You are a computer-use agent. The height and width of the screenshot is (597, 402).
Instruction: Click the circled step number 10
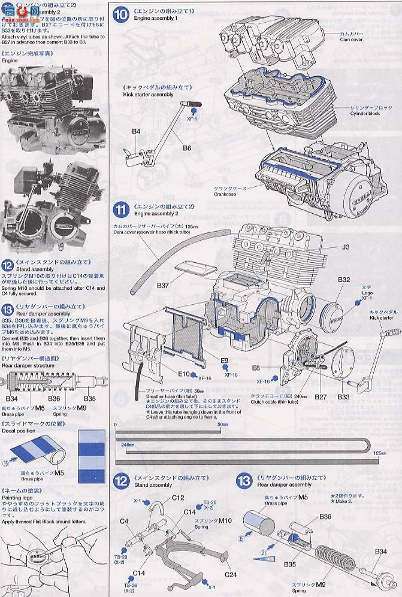pyautogui.click(x=121, y=14)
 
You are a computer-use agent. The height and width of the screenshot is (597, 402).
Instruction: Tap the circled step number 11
pyautogui.click(x=121, y=210)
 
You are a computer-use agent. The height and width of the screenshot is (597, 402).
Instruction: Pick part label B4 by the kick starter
pyautogui.click(x=136, y=131)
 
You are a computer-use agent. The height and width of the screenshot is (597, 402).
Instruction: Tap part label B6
pyautogui.click(x=187, y=147)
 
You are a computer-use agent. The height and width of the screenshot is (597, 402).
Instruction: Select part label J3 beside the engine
pyautogui.click(x=345, y=247)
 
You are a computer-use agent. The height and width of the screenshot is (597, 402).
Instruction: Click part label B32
pyautogui.click(x=344, y=280)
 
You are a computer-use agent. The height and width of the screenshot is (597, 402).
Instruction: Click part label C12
pyautogui.click(x=178, y=498)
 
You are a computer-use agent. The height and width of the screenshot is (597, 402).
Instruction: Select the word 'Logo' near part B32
pyautogui.click(x=365, y=292)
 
